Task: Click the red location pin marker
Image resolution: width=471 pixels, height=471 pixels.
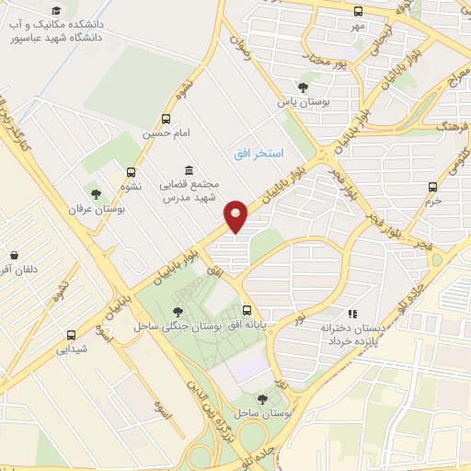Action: coord(236,215)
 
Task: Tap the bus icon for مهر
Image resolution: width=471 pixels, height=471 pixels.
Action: coord(358,12)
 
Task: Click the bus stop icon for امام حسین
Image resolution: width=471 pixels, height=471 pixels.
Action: coord(166,119)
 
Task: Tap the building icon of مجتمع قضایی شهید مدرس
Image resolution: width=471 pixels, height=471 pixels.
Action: coord(189,169)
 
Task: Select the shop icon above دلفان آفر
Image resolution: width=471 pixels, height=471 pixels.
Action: coord(14,255)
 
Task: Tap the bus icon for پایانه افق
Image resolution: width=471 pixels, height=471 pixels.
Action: coord(247,311)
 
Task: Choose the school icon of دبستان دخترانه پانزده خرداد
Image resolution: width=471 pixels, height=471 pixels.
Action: coord(350,313)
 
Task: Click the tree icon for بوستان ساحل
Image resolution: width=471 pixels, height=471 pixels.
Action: coord(264,399)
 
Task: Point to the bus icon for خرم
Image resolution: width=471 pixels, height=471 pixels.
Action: coord(433,187)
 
